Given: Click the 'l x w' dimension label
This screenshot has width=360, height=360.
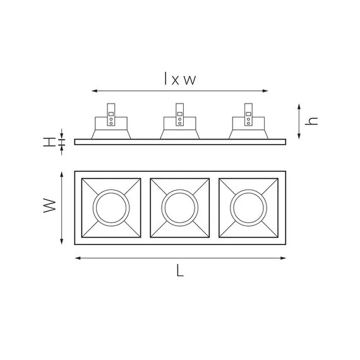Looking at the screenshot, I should click(180, 79).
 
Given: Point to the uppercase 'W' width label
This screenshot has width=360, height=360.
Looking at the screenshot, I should click(50, 207).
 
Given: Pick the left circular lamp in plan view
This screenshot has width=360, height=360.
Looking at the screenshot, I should click(111, 207).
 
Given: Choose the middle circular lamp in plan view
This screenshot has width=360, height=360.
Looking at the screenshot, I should click(180, 207).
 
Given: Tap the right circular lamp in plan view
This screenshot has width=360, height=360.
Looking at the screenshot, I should click(249, 207).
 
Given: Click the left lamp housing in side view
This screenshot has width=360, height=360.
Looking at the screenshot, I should click(111, 128).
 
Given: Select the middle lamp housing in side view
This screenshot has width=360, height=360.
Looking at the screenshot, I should click(180, 128).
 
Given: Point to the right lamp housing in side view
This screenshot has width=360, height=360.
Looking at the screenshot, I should click(249, 128).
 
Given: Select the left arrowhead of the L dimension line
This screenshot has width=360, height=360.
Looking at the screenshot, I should click(77, 258).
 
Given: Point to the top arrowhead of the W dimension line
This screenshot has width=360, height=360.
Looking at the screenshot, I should click(61, 174).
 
